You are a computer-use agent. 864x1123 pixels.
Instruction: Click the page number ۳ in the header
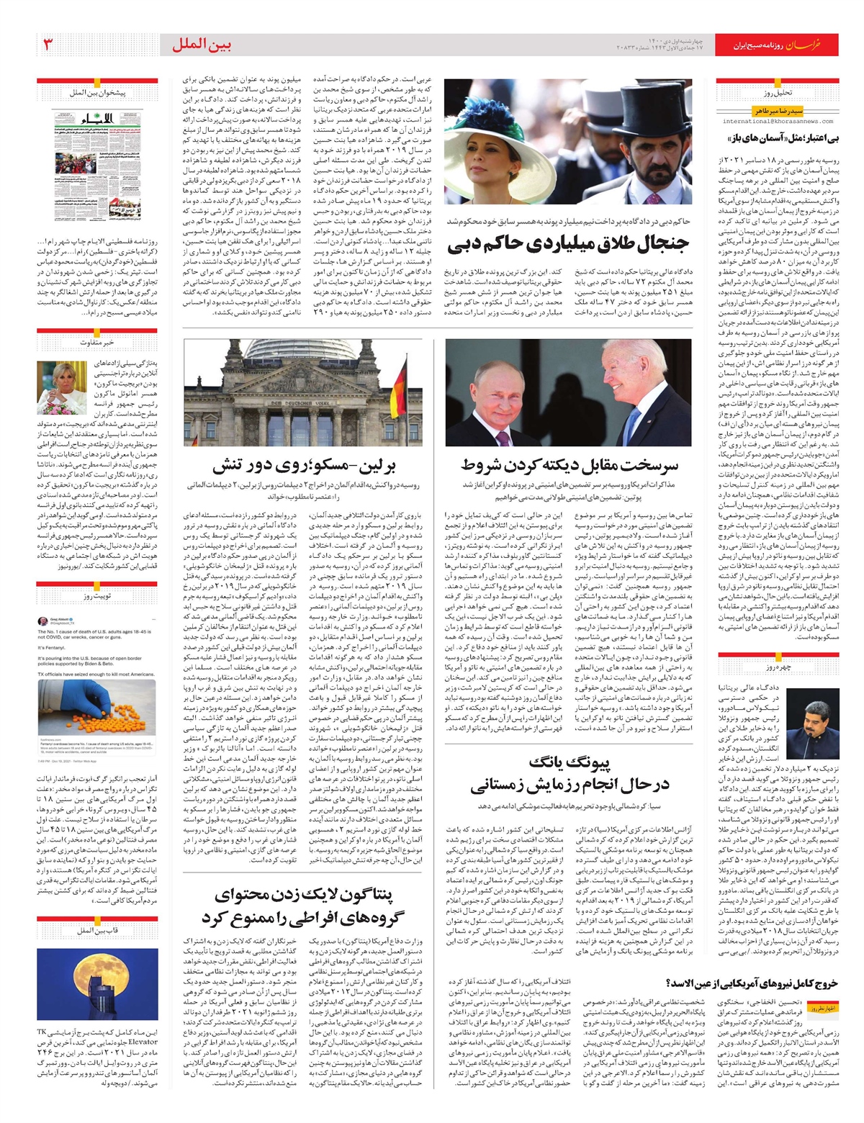coord(48,45)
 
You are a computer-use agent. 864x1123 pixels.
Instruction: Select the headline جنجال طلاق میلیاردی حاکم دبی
coord(568,245)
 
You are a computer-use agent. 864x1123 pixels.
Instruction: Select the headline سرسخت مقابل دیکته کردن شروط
coord(568,465)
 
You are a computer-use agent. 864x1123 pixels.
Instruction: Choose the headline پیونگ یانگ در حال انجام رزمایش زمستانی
coord(569,774)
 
